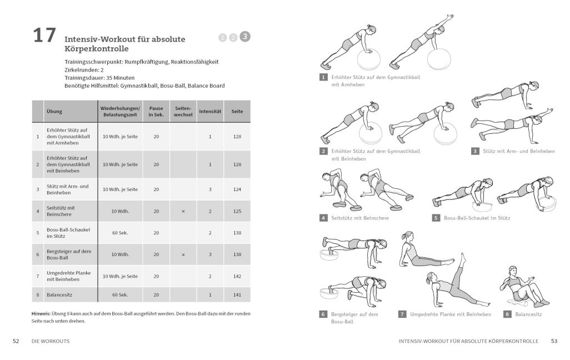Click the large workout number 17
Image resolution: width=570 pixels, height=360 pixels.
click(x=44, y=35)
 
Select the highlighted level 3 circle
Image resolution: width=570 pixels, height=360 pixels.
click(x=246, y=37)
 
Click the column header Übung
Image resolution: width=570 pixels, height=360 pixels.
click(x=54, y=112)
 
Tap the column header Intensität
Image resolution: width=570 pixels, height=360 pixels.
click(x=210, y=112)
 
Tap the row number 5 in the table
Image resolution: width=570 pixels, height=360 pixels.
click(x=37, y=233)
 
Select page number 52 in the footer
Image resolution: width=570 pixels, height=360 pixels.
click(x=16, y=341)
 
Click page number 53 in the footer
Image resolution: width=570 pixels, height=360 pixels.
click(x=554, y=341)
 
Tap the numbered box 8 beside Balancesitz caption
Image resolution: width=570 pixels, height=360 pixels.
click(x=507, y=314)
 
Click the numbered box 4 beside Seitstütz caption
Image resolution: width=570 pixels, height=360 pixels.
click(x=323, y=218)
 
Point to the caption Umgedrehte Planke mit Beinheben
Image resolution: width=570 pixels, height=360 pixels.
click(x=450, y=314)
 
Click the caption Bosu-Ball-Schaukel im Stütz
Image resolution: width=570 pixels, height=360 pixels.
click(x=477, y=218)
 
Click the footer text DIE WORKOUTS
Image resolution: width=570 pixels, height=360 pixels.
click(x=51, y=341)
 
